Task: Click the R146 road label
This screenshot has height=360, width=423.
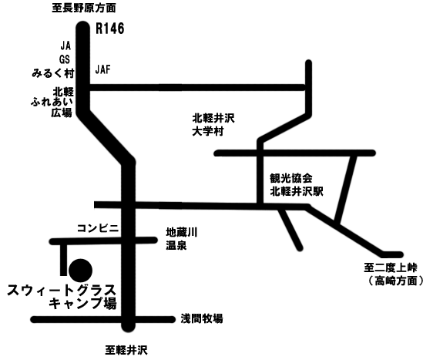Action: [x=110, y=29]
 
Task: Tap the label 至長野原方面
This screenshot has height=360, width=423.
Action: [x=84, y=8]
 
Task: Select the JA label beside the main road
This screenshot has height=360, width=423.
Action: [x=65, y=46]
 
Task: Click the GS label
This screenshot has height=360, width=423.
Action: [x=65, y=59]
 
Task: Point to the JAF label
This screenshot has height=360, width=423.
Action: [x=103, y=69]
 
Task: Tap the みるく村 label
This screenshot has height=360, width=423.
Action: [x=53, y=73]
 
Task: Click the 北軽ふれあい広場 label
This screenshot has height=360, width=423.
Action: [x=52, y=102]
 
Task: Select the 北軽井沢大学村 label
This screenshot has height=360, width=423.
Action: [x=213, y=125]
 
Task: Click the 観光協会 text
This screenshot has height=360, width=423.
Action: [x=291, y=178]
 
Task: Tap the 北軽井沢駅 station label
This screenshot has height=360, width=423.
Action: [x=297, y=191]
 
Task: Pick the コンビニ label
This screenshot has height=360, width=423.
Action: [x=98, y=228]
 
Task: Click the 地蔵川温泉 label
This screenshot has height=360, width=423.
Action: [x=182, y=239]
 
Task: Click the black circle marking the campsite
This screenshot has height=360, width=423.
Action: [x=80, y=271]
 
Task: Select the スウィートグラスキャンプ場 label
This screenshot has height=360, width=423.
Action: [x=62, y=297]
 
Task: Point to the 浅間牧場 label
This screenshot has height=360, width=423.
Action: [x=202, y=318]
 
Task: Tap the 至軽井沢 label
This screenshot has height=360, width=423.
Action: [x=126, y=350]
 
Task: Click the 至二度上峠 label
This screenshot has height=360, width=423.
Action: [x=391, y=268]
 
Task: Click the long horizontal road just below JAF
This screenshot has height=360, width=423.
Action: [x=197, y=87]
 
